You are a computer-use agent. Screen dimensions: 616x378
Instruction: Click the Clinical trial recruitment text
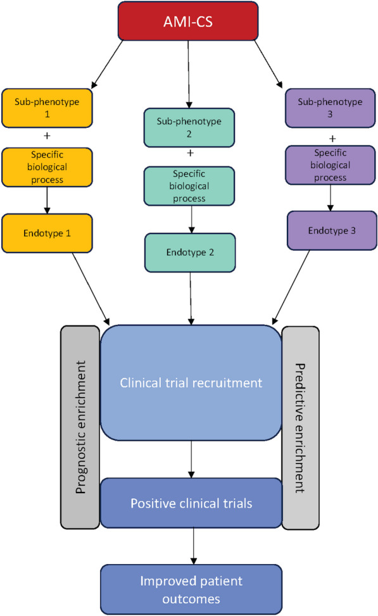pos(190,383)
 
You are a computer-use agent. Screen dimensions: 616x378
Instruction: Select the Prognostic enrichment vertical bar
pos(80,422)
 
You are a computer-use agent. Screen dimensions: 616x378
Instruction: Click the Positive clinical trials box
pos(190,503)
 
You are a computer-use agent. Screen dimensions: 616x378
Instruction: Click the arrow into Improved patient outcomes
pos(190,544)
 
